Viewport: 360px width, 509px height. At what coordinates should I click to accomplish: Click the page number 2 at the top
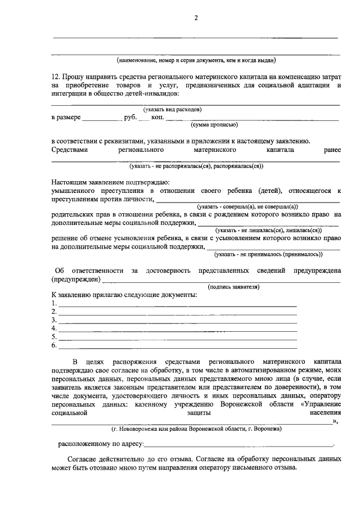tap(196, 18)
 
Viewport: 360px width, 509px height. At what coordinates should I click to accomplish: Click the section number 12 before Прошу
tap(55, 75)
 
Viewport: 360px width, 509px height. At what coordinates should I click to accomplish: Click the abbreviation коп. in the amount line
tap(157, 118)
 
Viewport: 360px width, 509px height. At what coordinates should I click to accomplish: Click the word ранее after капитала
tap(328, 151)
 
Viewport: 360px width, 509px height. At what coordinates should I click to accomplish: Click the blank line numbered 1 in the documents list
tap(177, 304)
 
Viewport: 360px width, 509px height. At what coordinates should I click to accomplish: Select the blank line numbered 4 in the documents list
tap(177, 328)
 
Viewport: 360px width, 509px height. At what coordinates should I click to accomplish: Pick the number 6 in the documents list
tap(53, 345)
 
